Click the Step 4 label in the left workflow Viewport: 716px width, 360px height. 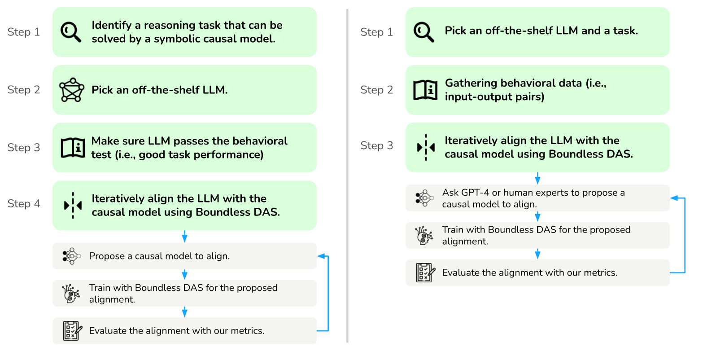tap(24, 204)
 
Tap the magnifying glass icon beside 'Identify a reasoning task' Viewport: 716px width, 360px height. tap(70, 32)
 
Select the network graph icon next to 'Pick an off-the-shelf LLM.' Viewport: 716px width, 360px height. tap(72, 90)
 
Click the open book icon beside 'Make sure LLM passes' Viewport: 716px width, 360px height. tap(73, 148)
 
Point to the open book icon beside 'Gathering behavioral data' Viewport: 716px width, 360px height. tap(425, 90)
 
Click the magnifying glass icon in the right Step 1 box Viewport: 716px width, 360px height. tap(424, 32)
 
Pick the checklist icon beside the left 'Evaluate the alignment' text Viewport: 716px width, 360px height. tap(73, 330)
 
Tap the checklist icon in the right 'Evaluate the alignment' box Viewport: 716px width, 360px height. tap(425, 273)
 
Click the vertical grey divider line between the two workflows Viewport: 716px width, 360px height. tap(347, 176)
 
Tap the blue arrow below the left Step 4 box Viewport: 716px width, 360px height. tap(184, 236)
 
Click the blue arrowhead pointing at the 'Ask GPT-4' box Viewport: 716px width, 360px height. tap(674, 198)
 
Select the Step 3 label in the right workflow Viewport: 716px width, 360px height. tap(377, 146)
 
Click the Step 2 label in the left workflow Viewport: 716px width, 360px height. tap(24, 90)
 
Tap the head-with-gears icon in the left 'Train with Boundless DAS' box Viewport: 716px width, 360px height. tap(71, 294)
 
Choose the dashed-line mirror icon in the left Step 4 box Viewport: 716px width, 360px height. tap(73, 205)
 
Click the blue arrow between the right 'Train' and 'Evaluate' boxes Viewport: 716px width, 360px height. tap(537, 254)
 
